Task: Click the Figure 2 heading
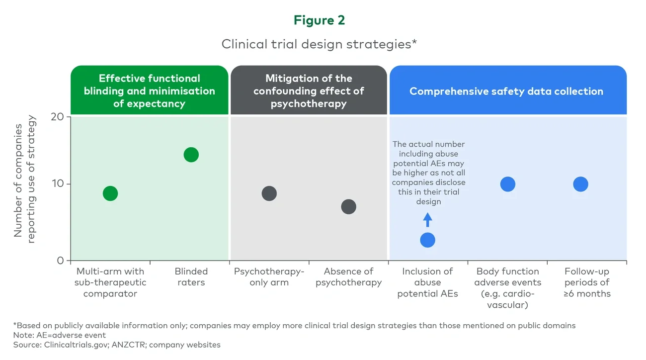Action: click(319, 20)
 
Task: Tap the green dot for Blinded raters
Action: click(191, 155)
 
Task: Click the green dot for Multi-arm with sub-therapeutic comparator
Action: click(110, 193)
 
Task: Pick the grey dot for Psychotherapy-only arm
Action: click(269, 193)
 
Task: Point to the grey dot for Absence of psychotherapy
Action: click(348, 207)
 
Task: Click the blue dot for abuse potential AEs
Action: click(427, 240)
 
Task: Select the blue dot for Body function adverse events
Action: click(507, 184)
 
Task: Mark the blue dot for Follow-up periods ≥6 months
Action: click(580, 184)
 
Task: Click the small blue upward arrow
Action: click(427, 219)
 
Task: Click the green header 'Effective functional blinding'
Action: click(149, 91)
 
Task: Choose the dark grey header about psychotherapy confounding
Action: click(309, 91)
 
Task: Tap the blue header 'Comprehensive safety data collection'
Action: click(506, 91)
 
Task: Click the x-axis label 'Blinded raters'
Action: click(191, 277)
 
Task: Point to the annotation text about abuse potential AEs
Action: click(428, 173)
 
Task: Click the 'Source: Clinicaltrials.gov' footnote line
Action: click(117, 345)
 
